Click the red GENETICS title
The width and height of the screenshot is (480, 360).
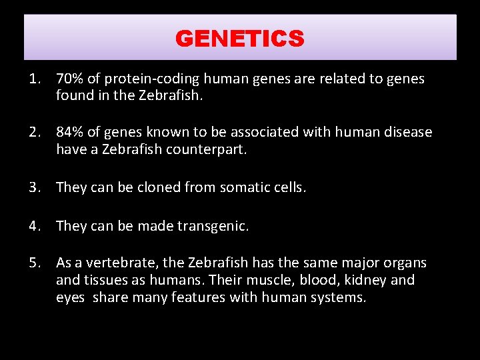point(239,39)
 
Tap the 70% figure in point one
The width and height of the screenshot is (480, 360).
point(69,79)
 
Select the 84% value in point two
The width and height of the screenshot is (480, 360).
point(69,132)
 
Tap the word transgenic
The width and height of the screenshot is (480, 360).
point(213,226)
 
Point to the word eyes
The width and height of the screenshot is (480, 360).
point(70,298)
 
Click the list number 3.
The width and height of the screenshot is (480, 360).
point(33,187)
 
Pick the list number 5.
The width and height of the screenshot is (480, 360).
point(33,263)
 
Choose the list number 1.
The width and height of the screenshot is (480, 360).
point(33,79)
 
